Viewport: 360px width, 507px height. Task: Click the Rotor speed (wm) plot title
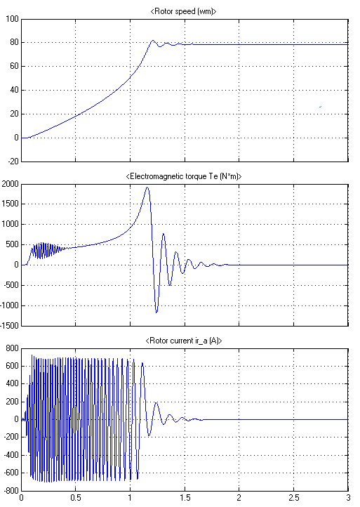click(x=183, y=11)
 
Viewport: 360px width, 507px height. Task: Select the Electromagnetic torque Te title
click(x=184, y=176)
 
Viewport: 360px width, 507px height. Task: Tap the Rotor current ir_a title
click(x=184, y=341)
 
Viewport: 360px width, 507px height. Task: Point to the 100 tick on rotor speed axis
click(x=12, y=19)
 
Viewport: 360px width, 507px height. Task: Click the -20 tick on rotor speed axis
click(x=13, y=162)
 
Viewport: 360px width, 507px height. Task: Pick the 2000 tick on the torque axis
click(x=11, y=184)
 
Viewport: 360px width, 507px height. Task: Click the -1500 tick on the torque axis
click(x=10, y=326)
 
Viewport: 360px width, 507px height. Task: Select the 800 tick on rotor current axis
click(x=12, y=348)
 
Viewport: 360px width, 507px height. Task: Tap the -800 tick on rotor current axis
click(x=11, y=491)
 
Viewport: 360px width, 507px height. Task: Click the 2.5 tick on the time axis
click(x=294, y=498)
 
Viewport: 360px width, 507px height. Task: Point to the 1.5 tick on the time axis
click(x=185, y=498)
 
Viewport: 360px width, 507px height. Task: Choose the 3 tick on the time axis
click(x=348, y=498)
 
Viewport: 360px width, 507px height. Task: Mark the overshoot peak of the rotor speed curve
click(x=153, y=41)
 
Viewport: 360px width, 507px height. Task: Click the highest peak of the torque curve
click(x=147, y=187)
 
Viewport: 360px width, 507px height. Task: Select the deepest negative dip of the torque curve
click(x=156, y=312)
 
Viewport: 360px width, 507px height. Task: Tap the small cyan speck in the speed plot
click(x=320, y=106)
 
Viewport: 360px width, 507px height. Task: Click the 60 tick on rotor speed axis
click(x=14, y=66)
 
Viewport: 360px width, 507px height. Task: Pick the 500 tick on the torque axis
click(x=13, y=245)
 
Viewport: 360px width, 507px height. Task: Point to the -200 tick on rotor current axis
click(x=11, y=437)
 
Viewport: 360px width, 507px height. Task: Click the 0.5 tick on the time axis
click(x=76, y=498)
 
